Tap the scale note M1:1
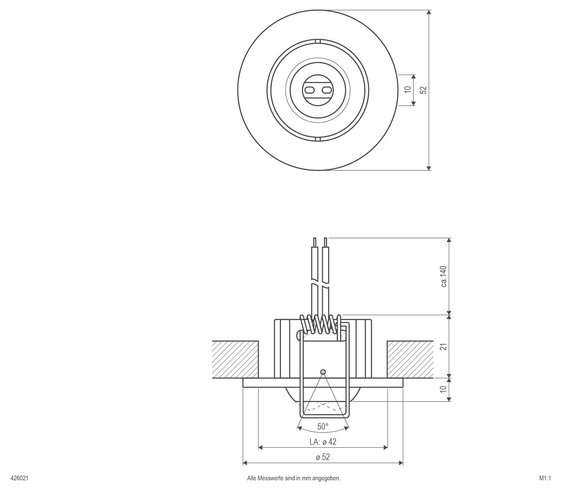point(545,478)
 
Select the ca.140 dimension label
point(444,276)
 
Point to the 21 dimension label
point(444,347)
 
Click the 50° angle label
point(323,427)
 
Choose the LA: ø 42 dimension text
point(323,442)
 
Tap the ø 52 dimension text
point(323,457)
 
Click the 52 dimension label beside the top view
point(423,90)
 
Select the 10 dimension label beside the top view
point(408,90)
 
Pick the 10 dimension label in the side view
point(444,389)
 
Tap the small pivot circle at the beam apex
point(323,372)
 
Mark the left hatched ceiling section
point(236,359)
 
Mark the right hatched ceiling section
point(410,359)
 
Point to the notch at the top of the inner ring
point(318,41)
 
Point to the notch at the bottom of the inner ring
point(318,139)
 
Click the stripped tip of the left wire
point(315,242)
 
